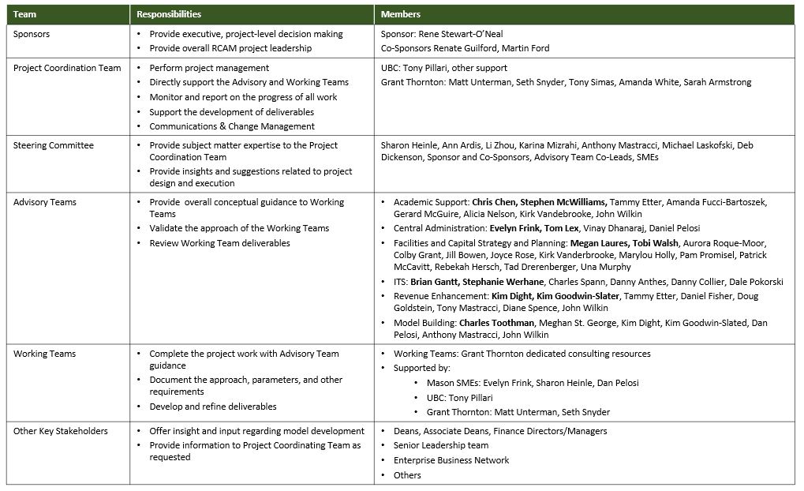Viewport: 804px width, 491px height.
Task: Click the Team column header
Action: [24, 14]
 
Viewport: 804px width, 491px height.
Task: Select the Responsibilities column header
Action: [169, 14]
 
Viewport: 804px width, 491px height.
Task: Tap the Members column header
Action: [400, 14]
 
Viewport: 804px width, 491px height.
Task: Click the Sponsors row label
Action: [32, 34]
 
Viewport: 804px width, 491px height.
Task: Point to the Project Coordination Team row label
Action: [67, 68]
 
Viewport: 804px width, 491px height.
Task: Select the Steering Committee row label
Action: [53, 145]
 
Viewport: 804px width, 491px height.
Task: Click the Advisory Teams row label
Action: [44, 202]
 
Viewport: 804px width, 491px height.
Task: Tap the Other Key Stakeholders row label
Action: [61, 431]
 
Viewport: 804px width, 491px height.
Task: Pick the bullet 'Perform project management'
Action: [209, 68]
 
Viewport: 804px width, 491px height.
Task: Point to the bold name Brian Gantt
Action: [436, 282]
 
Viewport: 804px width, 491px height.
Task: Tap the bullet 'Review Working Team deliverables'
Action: [219, 243]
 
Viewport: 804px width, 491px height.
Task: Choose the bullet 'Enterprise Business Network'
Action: [451, 460]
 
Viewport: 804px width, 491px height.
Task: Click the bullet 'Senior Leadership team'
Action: [441, 446]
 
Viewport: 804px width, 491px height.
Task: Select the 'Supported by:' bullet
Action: [422, 368]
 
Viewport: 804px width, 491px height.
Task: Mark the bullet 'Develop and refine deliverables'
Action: [213, 407]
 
